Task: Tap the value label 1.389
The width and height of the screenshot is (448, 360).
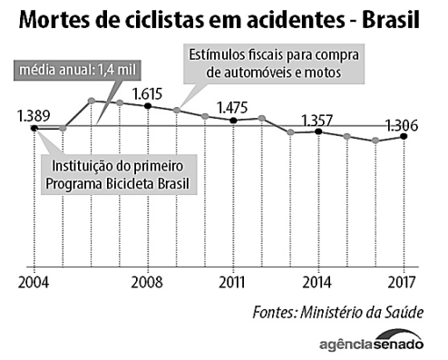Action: pyautogui.click(x=34, y=114)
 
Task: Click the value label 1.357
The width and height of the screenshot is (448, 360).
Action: pyautogui.click(x=319, y=119)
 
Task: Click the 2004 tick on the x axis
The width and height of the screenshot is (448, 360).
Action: pyautogui.click(x=34, y=280)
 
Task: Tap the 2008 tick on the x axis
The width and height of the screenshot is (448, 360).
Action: pyautogui.click(x=147, y=280)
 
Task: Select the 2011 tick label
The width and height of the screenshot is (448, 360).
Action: pyautogui.click(x=234, y=280)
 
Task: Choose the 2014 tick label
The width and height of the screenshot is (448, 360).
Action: pyautogui.click(x=318, y=280)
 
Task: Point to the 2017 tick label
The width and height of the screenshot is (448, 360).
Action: pyautogui.click(x=404, y=280)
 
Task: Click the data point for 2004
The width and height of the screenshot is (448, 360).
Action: pyautogui.click(x=34, y=129)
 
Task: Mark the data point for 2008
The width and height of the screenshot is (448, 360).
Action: pyautogui.click(x=148, y=106)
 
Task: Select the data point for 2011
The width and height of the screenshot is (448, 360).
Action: pyautogui.click(x=233, y=121)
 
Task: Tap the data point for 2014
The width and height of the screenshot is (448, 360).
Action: pyautogui.click(x=318, y=131)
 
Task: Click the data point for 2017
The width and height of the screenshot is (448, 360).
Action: pyautogui.click(x=404, y=137)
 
